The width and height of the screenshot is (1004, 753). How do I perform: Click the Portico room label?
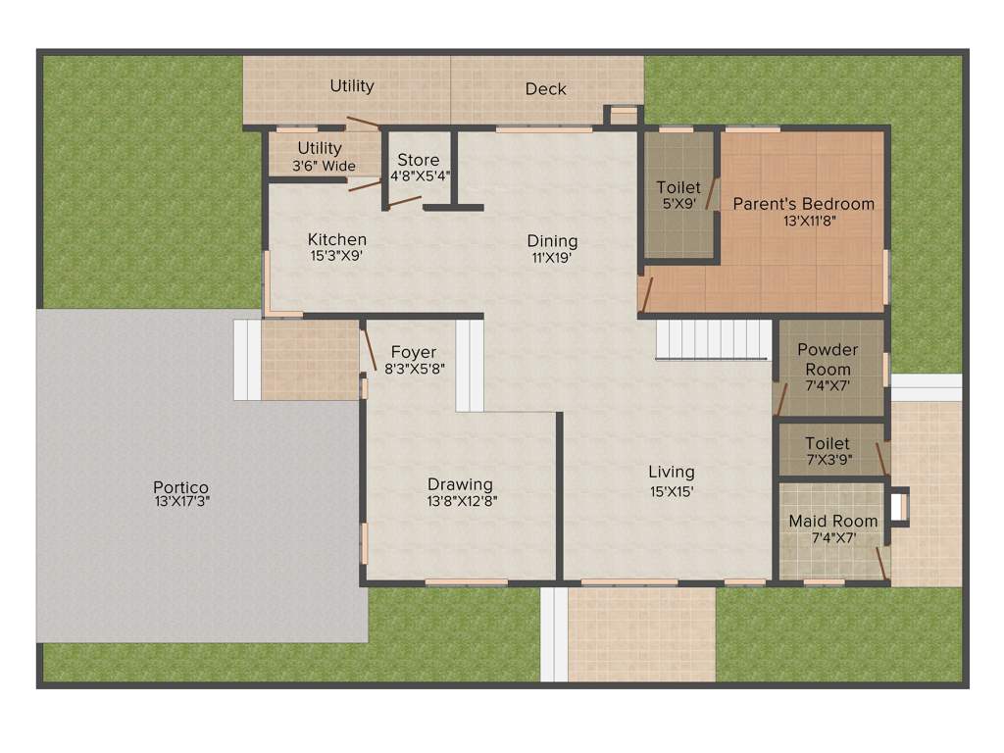click(180, 487)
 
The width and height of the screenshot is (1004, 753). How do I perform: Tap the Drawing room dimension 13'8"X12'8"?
click(460, 501)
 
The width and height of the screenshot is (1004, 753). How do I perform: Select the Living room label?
click(671, 472)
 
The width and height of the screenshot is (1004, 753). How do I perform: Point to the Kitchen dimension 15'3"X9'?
click(337, 257)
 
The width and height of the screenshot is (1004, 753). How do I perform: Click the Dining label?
click(552, 241)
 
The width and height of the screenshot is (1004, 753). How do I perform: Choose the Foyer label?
click(413, 352)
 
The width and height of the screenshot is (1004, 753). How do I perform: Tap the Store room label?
click(418, 160)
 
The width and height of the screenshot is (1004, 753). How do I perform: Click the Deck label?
click(545, 89)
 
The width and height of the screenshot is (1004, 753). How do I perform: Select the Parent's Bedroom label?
click(803, 204)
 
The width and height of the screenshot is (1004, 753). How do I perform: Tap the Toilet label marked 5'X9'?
click(678, 187)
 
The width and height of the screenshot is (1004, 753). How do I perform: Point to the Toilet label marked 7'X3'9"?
click(828, 444)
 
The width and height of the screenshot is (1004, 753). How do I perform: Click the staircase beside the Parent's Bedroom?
click(713, 339)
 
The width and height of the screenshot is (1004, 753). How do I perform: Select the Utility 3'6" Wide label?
click(320, 149)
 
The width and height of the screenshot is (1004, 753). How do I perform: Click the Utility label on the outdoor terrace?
click(351, 86)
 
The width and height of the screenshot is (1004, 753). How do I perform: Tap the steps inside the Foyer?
click(470, 364)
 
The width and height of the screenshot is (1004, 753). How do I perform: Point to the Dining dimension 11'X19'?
click(552, 259)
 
